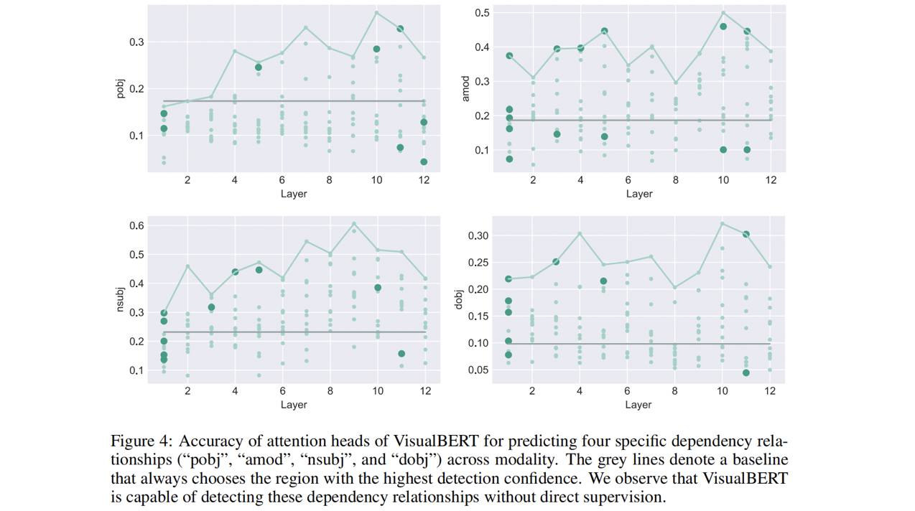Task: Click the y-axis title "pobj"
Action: [121, 89]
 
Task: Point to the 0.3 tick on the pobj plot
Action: [136, 42]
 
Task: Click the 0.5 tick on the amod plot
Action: [482, 13]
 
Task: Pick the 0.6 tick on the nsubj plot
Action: [136, 225]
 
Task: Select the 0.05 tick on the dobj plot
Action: [477, 370]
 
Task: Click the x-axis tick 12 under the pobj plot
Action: [424, 180]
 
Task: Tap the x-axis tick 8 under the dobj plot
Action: [675, 391]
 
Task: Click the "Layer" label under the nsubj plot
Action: [294, 405]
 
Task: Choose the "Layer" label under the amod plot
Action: [638, 194]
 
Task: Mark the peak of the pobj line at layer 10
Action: [376, 12]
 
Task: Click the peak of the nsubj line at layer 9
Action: [354, 223]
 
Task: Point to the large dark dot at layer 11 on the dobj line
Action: [746, 235]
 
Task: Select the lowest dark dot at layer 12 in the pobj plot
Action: [424, 162]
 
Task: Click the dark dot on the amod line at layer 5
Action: [605, 32]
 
